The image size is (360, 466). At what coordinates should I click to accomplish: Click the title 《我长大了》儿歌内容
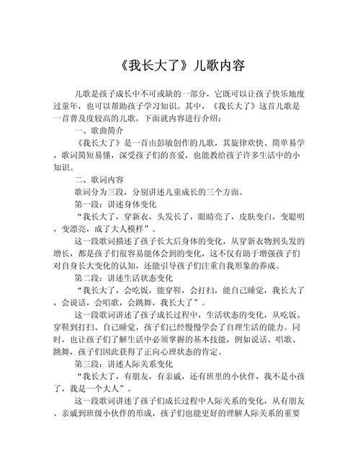coord(180,66)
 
